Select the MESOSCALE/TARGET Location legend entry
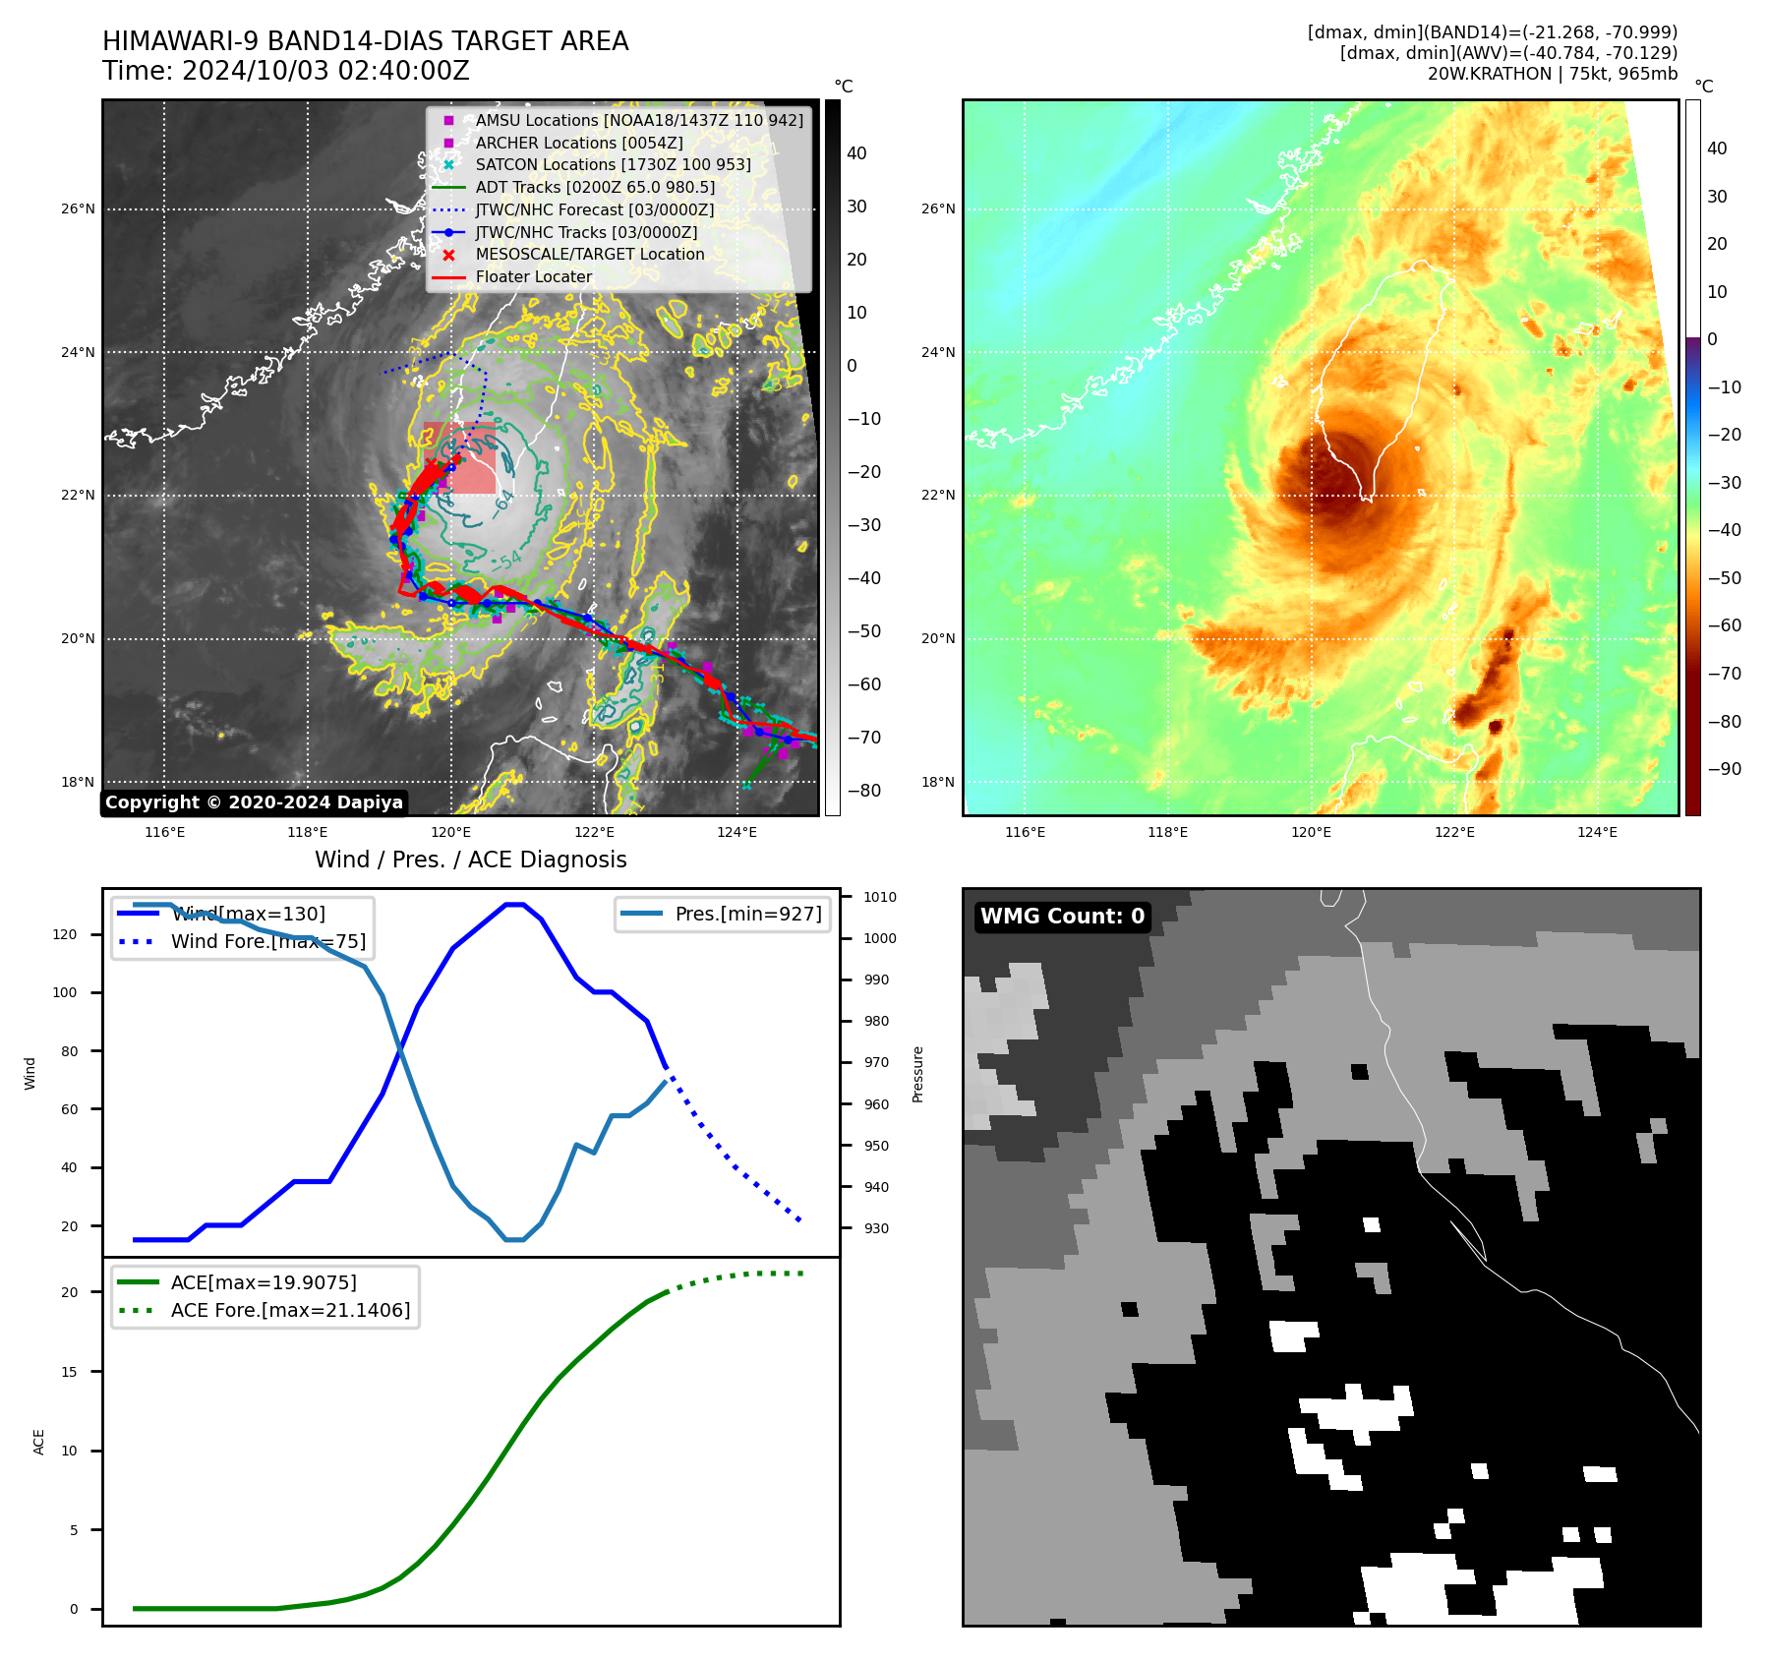point(589,254)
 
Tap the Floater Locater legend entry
point(533,276)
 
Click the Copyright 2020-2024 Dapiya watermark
point(254,802)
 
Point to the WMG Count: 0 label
point(1062,917)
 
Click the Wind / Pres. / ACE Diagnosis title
point(470,860)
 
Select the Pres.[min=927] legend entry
point(747,914)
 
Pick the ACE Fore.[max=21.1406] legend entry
point(289,1310)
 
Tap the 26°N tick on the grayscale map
point(79,208)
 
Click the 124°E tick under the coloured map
point(1597,832)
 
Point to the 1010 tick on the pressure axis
point(880,897)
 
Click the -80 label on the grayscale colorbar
point(864,791)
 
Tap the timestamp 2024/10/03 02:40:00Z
point(325,72)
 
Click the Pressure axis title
point(917,1074)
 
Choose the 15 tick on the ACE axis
point(69,1372)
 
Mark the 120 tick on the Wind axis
point(65,934)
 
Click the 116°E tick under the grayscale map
point(164,832)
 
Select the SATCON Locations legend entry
point(612,165)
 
